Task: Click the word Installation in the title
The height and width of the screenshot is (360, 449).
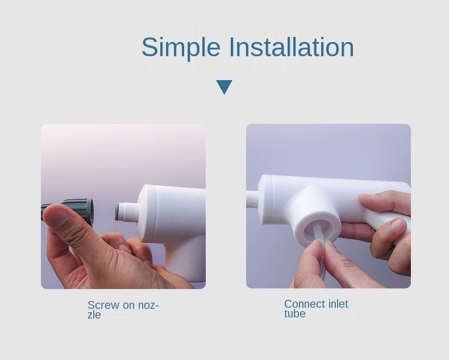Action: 292,47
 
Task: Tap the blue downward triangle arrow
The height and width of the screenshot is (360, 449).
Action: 224,87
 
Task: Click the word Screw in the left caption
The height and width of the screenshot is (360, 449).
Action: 103,305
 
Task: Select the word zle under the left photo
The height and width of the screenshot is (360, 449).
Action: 94,315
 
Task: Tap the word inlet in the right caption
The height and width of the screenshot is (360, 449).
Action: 338,304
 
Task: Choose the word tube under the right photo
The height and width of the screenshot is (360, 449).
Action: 294,313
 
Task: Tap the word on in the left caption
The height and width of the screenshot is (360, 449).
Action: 128,305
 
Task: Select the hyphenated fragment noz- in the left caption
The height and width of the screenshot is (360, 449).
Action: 148,305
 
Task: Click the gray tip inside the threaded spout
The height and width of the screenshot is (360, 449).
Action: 117,212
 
